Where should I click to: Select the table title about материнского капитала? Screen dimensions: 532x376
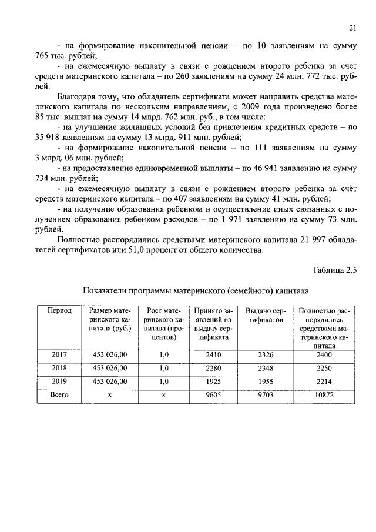tap(196, 290)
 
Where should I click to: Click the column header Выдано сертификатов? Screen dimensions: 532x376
tap(264, 314)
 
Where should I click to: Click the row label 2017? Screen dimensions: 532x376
tap(59, 355)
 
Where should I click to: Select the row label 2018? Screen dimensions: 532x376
tap(59, 369)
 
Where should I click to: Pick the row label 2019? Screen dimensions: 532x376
tap(59, 382)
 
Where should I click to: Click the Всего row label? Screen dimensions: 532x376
tap(59, 396)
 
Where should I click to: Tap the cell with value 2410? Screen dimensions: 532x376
tap(212, 355)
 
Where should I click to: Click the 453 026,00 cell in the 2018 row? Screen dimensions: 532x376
tap(110, 369)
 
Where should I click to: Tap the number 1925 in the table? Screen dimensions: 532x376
tap(212, 382)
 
